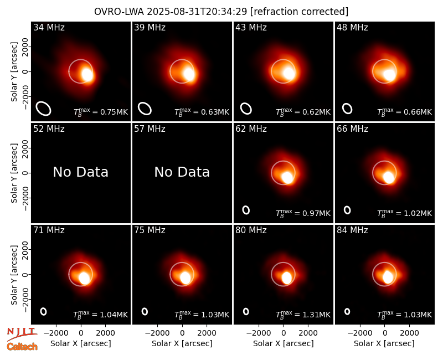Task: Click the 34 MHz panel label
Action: click(49, 27)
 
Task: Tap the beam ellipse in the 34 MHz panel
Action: click(43, 109)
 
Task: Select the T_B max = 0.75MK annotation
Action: click(101, 112)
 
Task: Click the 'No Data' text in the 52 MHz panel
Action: click(80, 172)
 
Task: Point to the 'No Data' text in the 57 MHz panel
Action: click(182, 172)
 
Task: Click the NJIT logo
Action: click(22, 334)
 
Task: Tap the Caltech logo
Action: click(22, 347)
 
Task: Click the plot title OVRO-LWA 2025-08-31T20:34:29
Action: click(171, 12)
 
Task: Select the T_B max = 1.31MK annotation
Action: click(303, 315)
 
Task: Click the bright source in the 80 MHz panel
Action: click(286, 278)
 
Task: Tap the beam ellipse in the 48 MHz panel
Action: click(347, 109)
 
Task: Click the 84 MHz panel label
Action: click(352, 230)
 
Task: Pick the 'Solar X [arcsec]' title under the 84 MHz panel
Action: click(384, 343)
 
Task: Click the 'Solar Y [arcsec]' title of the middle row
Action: click(14, 173)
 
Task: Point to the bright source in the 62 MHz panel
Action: click(287, 177)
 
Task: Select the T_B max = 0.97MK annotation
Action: click(303, 213)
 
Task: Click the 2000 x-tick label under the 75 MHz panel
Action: click(207, 333)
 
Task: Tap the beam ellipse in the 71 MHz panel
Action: click(43, 311)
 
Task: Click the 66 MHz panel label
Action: click(352, 129)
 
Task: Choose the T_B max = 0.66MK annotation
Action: click(405, 112)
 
